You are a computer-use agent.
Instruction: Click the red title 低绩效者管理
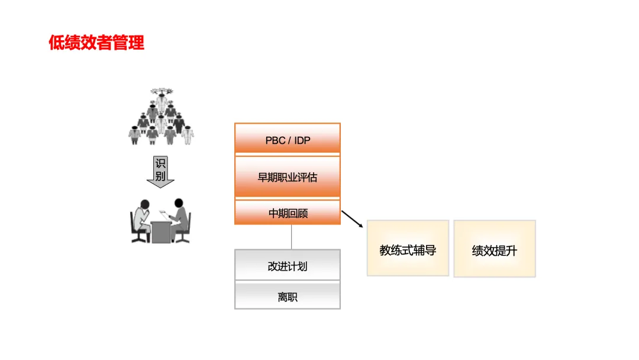click(96, 43)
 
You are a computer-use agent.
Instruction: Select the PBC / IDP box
click(288, 140)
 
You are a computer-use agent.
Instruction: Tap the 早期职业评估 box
click(288, 176)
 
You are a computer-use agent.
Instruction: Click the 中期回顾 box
click(288, 213)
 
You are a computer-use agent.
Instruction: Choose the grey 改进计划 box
click(288, 266)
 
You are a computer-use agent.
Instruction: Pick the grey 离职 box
click(288, 296)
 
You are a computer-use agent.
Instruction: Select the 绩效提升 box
click(495, 249)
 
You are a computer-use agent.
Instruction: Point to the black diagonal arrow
click(353, 217)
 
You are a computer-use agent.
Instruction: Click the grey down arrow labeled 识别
click(160, 172)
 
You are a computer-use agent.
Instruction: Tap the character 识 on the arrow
click(160, 163)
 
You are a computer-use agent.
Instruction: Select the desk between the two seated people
click(160, 232)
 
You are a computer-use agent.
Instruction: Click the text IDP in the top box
click(302, 141)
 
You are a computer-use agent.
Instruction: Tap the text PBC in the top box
click(275, 141)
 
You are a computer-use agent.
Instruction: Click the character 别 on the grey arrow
click(160, 176)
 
